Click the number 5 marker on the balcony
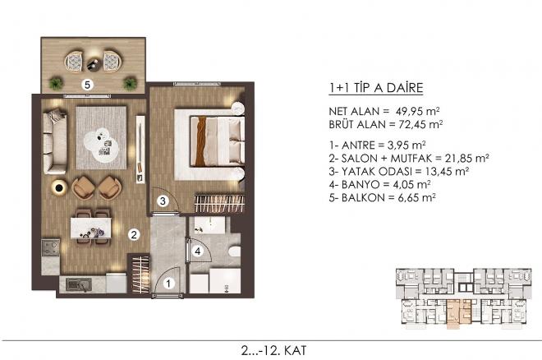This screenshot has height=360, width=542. pyautogui.click(x=86, y=83)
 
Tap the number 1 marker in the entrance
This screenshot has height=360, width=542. pyautogui.click(x=169, y=284)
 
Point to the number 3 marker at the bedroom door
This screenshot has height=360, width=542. pyautogui.click(x=163, y=201)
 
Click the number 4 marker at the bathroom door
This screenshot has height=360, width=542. pyautogui.click(x=197, y=250)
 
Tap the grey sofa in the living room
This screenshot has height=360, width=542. pyautogui.click(x=54, y=141)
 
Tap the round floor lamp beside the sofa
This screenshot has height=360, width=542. pyautogui.click(x=60, y=188)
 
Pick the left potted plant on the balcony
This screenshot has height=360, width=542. pyautogui.click(x=55, y=82)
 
